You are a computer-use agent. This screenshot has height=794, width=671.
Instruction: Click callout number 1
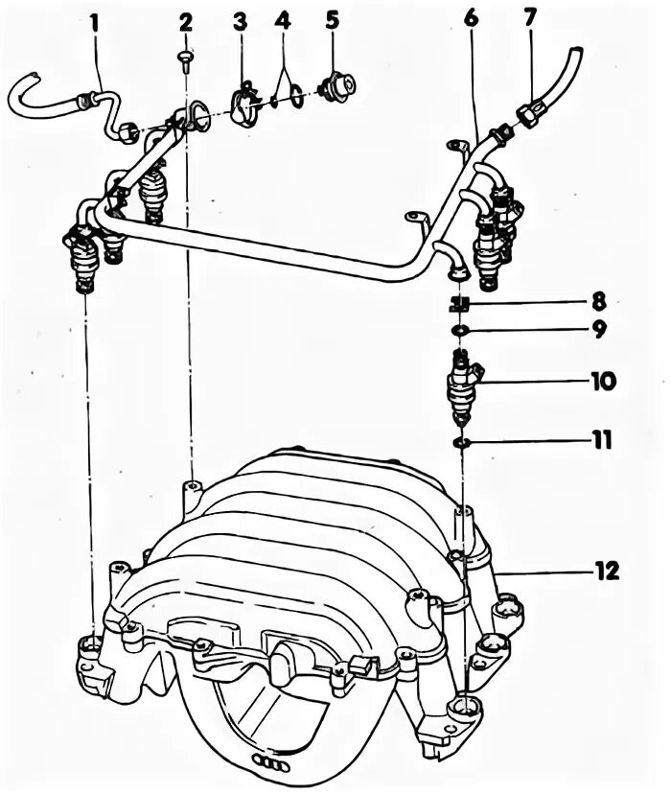click(94, 19)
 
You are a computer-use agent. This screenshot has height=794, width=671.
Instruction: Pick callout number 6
click(471, 18)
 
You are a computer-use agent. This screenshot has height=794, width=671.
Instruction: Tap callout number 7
click(530, 18)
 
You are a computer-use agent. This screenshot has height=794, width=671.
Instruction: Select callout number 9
click(597, 331)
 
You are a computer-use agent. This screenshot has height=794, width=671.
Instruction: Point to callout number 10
click(603, 382)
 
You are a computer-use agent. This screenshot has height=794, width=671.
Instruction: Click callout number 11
click(601, 441)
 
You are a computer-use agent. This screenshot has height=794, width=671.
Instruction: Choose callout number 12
click(606, 572)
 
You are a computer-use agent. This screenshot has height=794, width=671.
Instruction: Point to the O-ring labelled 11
click(461, 442)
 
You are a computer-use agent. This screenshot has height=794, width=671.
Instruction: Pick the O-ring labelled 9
click(460, 331)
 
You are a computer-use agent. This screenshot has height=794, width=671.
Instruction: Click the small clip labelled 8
click(459, 304)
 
